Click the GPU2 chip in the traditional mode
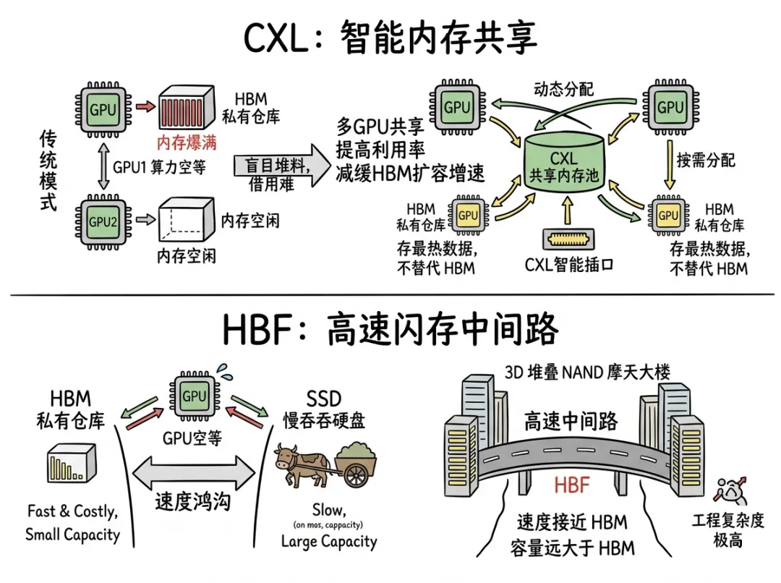tap(103, 222)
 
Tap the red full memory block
tap(187, 107)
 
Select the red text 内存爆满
tap(187, 143)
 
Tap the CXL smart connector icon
tap(569, 239)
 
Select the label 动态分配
tap(564, 89)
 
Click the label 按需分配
tap(706, 160)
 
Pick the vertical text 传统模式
tap(48, 171)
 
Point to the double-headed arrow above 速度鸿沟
tap(195, 472)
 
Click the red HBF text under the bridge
tap(572, 485)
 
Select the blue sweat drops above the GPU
tap(225, 371)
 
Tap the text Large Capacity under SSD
tap(329, 542)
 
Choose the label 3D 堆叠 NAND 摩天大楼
tap(587, 372)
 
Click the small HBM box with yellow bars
tap(71, 463)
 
